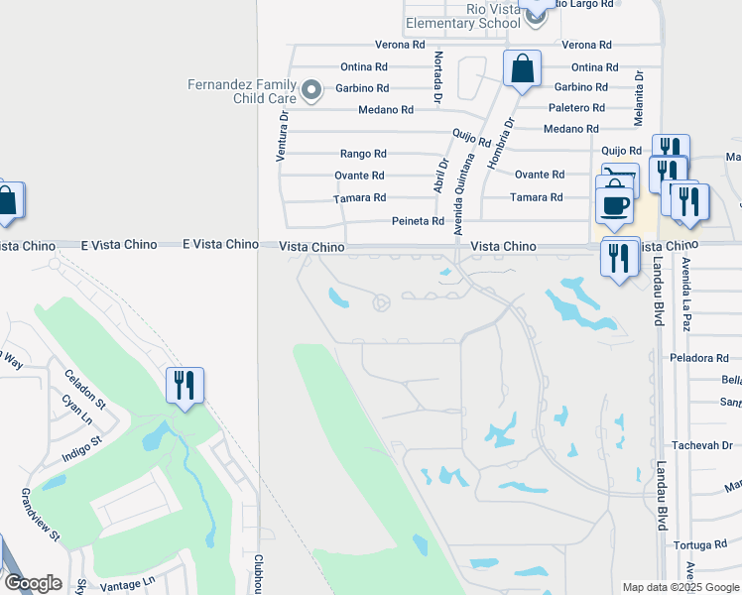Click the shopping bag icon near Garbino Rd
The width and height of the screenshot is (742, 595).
point(522,70)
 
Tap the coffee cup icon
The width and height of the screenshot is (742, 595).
point(615,204)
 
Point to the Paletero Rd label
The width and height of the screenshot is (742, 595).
point(577,107)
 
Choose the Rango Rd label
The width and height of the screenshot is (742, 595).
point(363,154)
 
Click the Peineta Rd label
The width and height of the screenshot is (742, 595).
point(418,221)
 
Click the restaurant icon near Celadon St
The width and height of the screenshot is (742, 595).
point(185,385)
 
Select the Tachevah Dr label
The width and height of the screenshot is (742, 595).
point(700,445)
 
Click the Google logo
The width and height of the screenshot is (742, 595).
point(32,583)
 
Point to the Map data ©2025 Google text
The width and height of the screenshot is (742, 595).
point(680,587)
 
